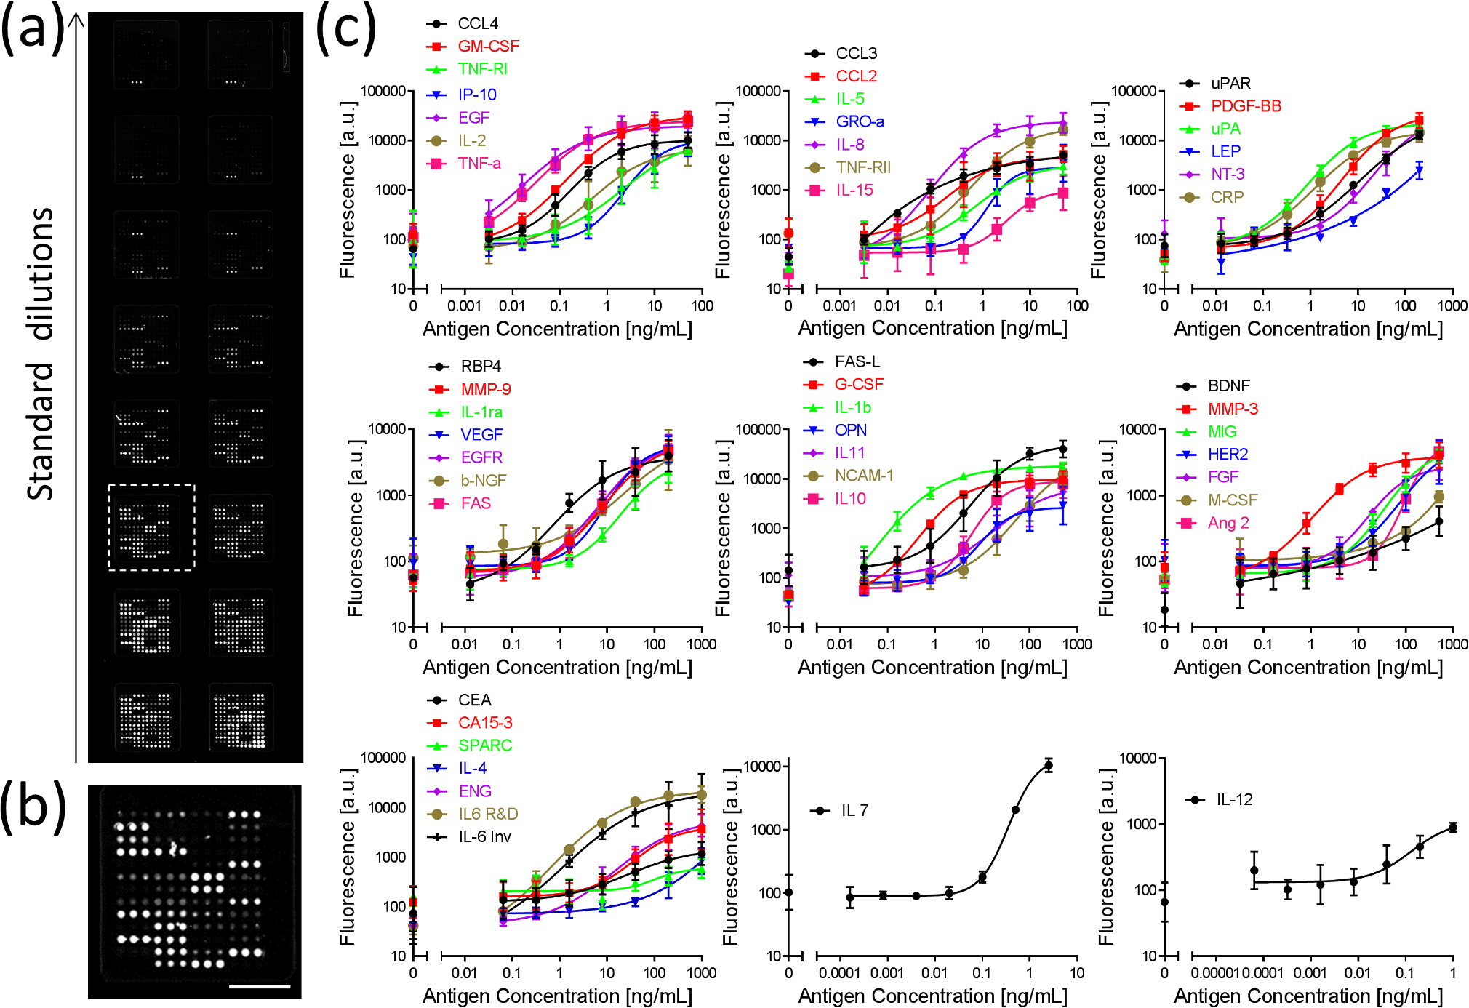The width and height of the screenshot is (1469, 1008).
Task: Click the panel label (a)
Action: (x=33, y=29)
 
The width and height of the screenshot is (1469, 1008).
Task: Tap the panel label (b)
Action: (x=33, y=806)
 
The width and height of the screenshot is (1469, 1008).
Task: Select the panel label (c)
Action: (x=346, y=29)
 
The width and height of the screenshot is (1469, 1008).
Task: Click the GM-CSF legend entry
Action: (x=488, y=47)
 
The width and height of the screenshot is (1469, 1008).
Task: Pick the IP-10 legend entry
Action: (x=477, y=95)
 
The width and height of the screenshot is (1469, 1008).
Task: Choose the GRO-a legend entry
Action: (x=860, y=121)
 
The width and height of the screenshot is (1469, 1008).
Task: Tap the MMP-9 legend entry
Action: (x=485, y=389)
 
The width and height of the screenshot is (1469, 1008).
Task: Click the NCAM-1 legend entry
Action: (x=863, y=476)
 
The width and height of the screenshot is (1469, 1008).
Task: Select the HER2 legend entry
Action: (x=1228, y=455)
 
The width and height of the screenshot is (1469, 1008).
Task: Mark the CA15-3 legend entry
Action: (x=485, y=723)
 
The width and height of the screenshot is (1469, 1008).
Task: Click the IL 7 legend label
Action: (x=854, y=810)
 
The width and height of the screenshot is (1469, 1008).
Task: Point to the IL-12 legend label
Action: (x=1234, y=800)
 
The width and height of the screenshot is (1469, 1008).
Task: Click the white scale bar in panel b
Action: (x=260, y=987)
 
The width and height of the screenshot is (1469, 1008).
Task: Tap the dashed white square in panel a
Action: (x=151, y=527)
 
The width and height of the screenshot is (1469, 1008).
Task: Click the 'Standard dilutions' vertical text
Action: (x=41, y=353)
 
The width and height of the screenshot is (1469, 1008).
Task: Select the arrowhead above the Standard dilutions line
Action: (x=76, y=17)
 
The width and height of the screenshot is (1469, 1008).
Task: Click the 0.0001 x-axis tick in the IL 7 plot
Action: (x=840, y=973)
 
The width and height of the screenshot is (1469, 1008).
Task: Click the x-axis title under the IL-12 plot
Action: (x=1308, y=996)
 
